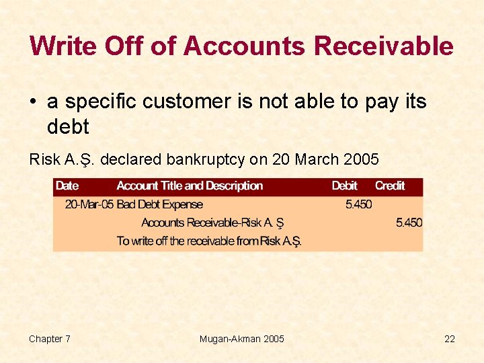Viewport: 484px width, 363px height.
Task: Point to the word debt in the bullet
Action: (x=68, y=126)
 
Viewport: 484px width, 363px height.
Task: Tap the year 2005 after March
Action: (x=361, y=160)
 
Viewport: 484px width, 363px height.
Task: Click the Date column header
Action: (x=67, y=186)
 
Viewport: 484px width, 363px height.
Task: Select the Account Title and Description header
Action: (x=190, y=186)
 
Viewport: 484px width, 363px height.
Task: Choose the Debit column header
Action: (x=345, y=186)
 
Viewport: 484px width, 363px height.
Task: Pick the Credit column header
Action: (x=390, y=186)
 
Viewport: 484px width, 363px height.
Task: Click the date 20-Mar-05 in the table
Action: (x=89, y=204)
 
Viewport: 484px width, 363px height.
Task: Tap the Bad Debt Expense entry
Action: (x=160, y=204)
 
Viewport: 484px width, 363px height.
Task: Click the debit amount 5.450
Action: (x=358, y=204)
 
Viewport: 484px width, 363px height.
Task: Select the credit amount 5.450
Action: (x=409, y=223)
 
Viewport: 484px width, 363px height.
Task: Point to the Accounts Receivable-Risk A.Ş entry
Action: (x=212, y=223)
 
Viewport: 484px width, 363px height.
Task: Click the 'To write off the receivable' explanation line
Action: (x=209, y=241)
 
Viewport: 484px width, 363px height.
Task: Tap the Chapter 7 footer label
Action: (x=50, y=339)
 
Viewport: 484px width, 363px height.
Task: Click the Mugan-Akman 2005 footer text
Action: (x=242, y=339)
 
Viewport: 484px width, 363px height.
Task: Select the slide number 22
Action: (x=449, y=339)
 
